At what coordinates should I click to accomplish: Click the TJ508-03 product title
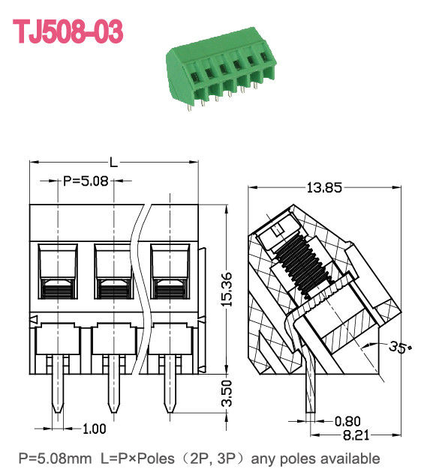[68, 31]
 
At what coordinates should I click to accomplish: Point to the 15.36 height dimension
[227, 288]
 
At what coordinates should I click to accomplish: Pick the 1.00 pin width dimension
[93, 429]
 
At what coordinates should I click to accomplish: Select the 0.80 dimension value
[347, 420]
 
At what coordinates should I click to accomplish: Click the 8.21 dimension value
[347, 435]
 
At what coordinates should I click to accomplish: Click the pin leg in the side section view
[309, 390]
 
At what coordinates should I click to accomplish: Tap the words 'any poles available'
[315, 458]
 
